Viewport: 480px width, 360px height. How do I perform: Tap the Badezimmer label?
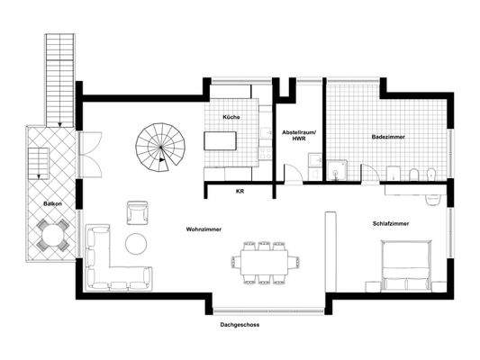(x=387, y=137)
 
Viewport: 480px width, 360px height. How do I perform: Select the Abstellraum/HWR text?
(x=298, y=136)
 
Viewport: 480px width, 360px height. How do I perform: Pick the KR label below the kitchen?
(x=240, y=191)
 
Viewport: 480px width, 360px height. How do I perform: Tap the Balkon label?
(x=51, y=205)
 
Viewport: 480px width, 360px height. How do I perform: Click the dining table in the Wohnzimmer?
(x=262, y=261)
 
